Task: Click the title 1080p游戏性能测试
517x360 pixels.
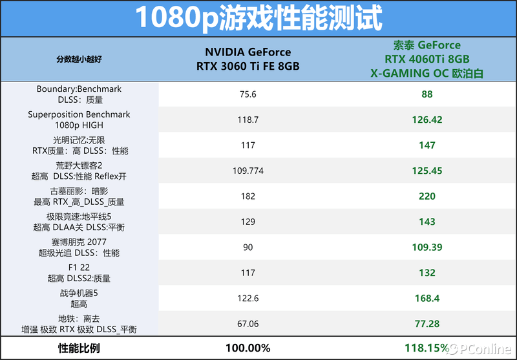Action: [258, 19]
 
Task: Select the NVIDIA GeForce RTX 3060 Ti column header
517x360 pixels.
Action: [248, 59]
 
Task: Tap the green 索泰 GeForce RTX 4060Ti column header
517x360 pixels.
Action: [427, 59]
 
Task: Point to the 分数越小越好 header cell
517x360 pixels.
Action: [79, 59]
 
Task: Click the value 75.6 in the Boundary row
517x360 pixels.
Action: [248, 94]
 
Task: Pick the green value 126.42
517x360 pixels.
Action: [427, 120]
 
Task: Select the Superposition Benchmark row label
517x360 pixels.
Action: [79, 120]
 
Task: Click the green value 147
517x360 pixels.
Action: [427, 145]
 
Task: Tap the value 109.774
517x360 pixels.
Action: [248, 171]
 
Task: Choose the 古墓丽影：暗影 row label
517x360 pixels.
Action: [79, 196]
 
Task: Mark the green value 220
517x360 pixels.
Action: [427, 196]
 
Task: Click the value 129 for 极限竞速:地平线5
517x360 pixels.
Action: [248, 222]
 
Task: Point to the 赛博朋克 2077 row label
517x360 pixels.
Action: [79, 247]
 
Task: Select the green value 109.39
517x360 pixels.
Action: [427, 248]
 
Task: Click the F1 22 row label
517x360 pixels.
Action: [79, 272]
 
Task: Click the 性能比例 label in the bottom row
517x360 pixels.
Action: [79, 348]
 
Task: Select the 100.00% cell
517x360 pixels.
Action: [248, 348]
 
